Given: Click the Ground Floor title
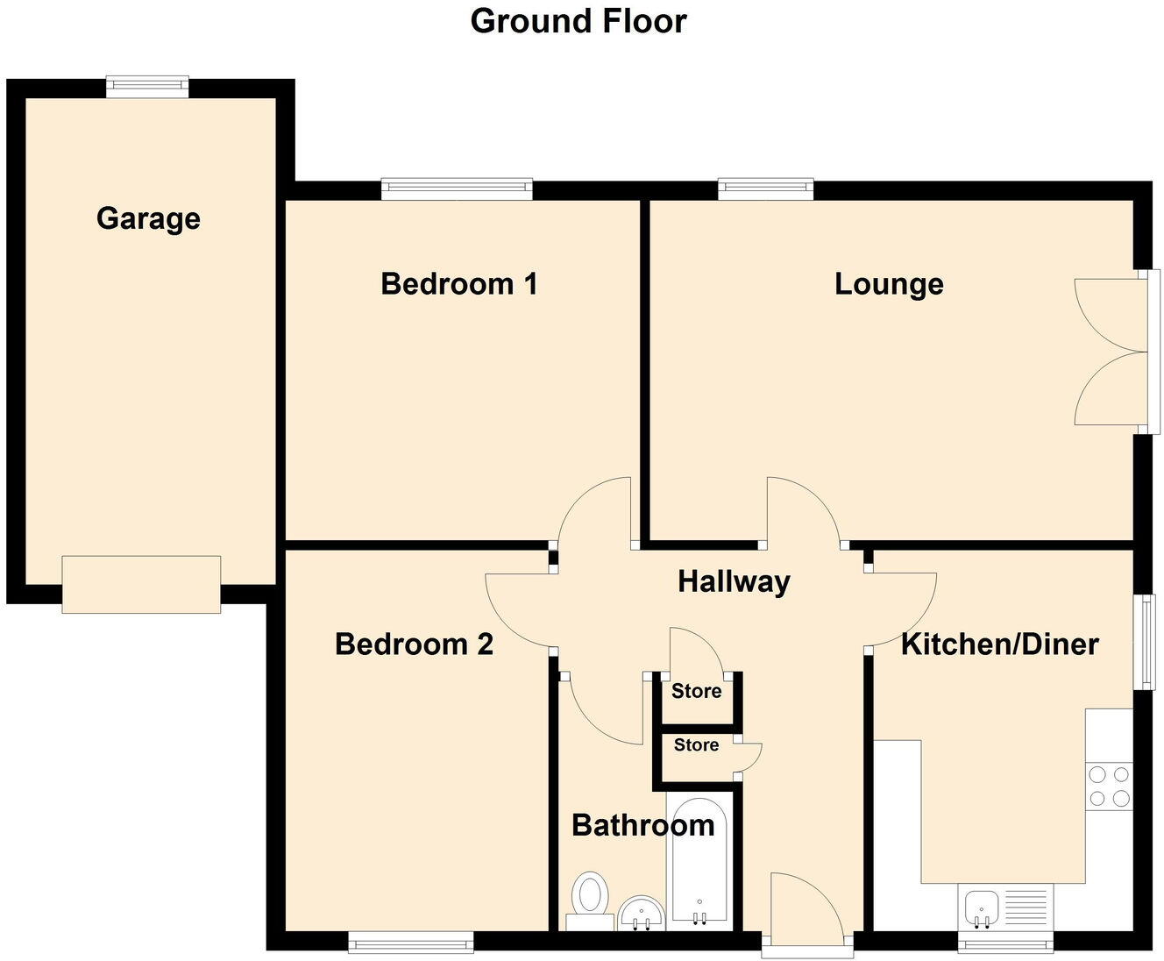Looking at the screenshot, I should pos(578,21).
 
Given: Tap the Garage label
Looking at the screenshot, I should pos(148,218).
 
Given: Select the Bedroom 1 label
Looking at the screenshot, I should pos(458,284).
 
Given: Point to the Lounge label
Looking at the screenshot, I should pos(889,284).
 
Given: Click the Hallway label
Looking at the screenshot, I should pos(734,581).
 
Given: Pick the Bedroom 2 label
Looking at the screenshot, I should pos(414,644).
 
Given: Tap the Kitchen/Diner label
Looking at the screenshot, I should pos(1000,644).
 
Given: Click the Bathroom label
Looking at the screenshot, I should pos(642,825).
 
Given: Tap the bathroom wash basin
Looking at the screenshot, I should pos(642,914).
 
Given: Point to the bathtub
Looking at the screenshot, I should pos(699,859).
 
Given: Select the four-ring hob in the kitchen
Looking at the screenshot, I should pos(1109,786).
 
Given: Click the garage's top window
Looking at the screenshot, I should pos(147,86).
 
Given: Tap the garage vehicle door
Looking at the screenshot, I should pos(141,584).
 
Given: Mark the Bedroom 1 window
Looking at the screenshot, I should pos(457,189).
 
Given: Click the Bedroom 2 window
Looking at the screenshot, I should pos(410,943).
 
